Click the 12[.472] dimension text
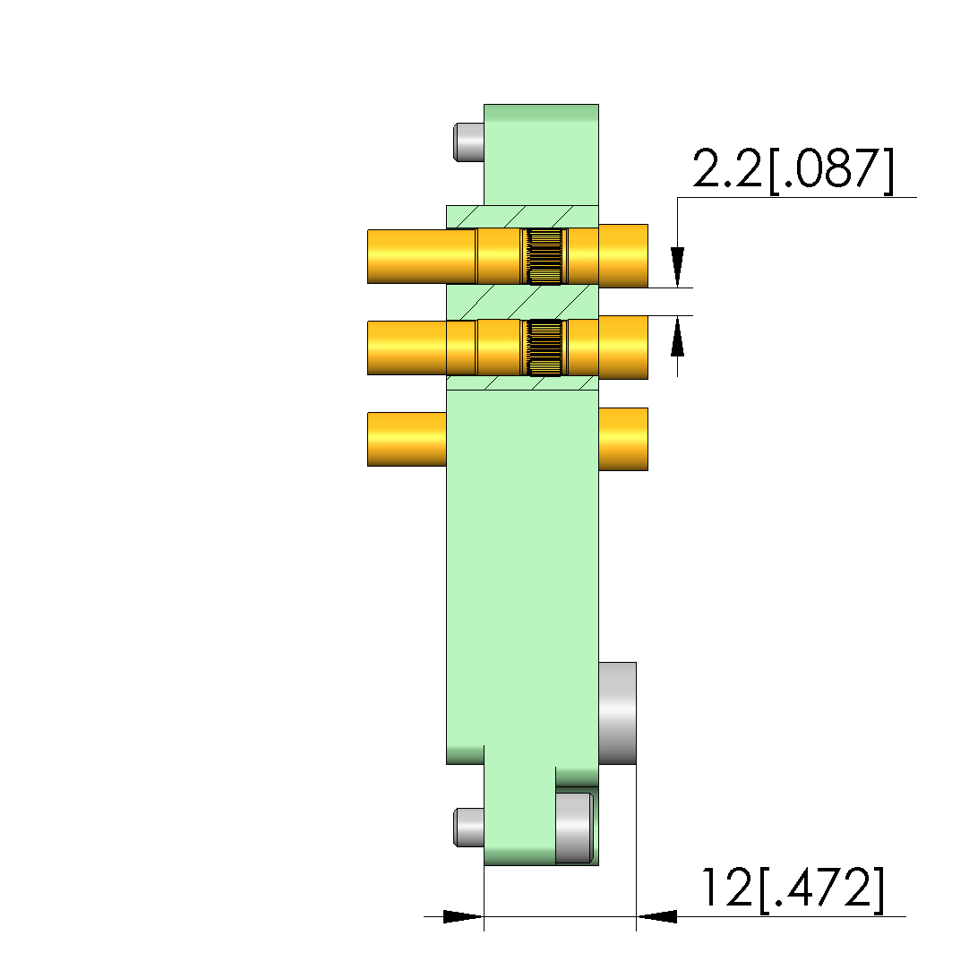coord(793,889)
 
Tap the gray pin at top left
coord(468,142)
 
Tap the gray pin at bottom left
coord(468,827)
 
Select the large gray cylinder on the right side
coord(617,713)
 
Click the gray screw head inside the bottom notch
coord(574,828)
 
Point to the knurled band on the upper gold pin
coord(545,256)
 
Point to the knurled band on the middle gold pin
coord(545,348)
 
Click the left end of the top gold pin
coord(369,257)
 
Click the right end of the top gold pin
coord(647,256)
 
